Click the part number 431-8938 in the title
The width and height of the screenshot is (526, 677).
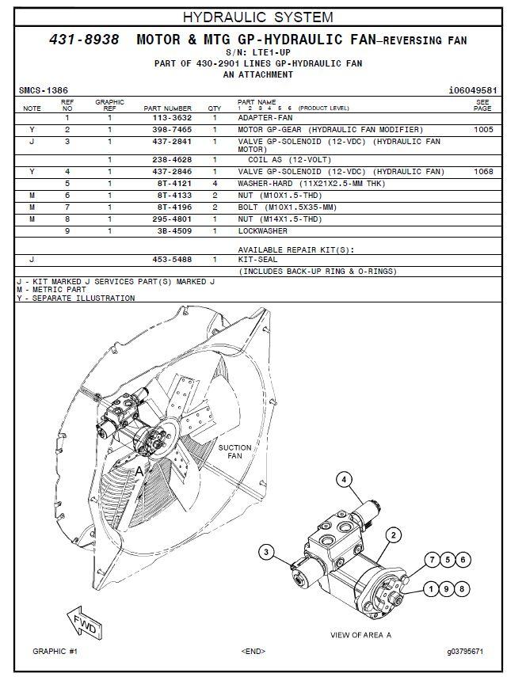(84, 40)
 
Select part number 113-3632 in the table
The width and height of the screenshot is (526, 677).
(172, 118)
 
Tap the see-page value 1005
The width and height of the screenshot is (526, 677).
(483, 130)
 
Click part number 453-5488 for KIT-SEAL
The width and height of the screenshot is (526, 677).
(172, 260)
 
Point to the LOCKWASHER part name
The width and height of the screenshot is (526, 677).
(262, 231)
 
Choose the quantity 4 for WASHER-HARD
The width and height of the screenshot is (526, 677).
(215, 184)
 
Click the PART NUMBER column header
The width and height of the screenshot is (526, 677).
(168, 108)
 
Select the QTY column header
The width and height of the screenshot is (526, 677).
(214, 108)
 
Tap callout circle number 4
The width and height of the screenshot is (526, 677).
(344, 480)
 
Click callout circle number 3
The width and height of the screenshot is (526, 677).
(266, 552)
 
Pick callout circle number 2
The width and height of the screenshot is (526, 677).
(394, 536)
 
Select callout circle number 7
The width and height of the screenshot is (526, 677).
(433, 560)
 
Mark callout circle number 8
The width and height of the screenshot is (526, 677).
(462, 589)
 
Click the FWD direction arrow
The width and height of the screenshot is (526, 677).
(84, 622)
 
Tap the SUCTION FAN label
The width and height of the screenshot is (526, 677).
(234, 451)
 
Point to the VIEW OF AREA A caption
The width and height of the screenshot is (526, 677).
(360, 635)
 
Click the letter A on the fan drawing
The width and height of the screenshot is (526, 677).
(139, 472)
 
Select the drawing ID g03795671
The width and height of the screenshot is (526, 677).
(465, 652)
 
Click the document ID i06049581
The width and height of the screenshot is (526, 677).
(473, 91)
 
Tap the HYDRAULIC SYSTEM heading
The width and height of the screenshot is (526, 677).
(258, 17)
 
